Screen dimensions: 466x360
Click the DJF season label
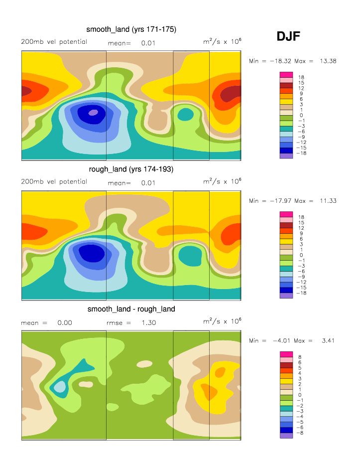288,36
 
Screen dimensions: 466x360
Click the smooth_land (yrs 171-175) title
131,30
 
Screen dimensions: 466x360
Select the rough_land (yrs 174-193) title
131,169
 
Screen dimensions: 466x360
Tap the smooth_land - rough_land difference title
131,310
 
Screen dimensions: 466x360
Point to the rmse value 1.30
149,323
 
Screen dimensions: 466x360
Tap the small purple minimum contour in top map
93,112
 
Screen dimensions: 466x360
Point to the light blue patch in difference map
60,386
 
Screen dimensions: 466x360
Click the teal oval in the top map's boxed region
185,114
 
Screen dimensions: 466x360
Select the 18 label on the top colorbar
301,78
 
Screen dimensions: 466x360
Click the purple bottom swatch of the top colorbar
286,156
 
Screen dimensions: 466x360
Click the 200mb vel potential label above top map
54,42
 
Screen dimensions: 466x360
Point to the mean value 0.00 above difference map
65,323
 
